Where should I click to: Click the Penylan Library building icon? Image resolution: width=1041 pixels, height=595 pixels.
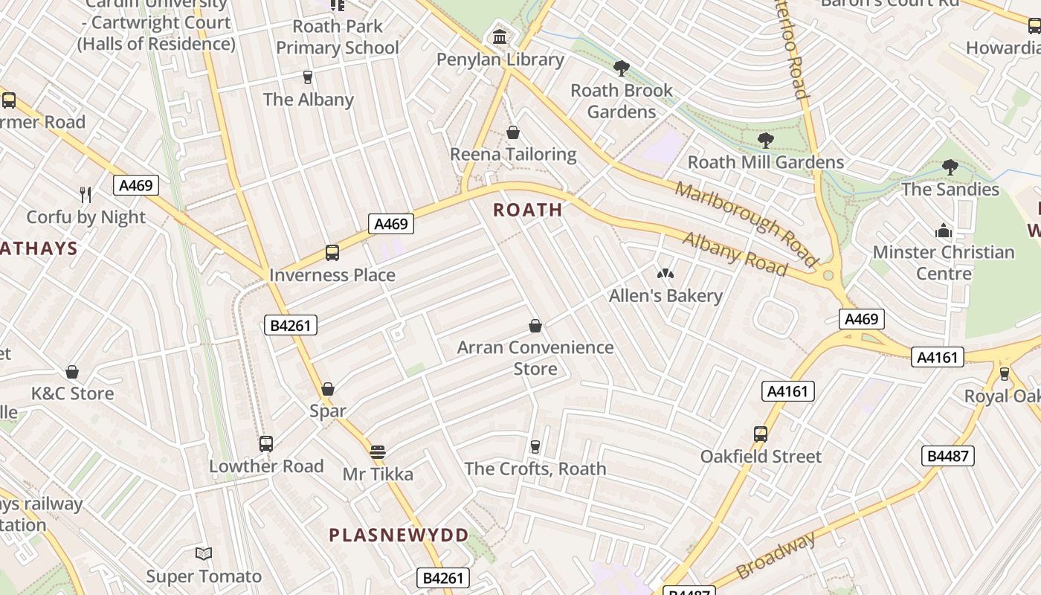pos(500,36)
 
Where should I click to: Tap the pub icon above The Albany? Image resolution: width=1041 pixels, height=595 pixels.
pos(307,77)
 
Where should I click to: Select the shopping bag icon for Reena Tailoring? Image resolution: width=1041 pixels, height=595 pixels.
pos(512,132)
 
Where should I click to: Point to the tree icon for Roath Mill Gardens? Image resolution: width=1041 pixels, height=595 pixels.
pos(765,140)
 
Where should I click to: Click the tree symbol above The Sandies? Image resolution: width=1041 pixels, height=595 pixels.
pos(950,167)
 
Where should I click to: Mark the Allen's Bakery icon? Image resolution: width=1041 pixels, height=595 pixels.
pos(665,274)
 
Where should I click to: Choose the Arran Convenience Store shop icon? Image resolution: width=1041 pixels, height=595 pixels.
pos(535,326)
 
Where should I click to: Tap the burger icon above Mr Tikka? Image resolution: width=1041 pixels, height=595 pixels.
pos(378,451)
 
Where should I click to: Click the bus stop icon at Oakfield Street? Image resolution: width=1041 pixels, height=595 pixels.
pos(760,434)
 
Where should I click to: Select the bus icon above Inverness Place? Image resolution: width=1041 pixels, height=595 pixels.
pos(332,253)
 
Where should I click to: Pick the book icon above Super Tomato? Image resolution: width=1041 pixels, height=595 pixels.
pos(204,553)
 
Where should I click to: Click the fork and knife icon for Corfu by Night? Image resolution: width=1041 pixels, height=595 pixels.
pos(86,195)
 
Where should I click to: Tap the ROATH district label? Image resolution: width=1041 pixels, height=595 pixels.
pos(528,210)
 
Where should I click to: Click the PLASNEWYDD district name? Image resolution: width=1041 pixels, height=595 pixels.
pos(399,535)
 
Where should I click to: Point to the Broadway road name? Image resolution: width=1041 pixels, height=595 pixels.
pos(776,555)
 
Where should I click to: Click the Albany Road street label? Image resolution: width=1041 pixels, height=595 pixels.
pos(734,254)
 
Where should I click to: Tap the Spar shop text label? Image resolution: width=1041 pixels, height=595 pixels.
pos(328,411)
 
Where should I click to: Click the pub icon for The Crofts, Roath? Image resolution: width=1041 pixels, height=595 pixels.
pos(535,446)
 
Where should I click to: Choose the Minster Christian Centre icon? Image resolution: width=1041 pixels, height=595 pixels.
pos(944,231)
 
